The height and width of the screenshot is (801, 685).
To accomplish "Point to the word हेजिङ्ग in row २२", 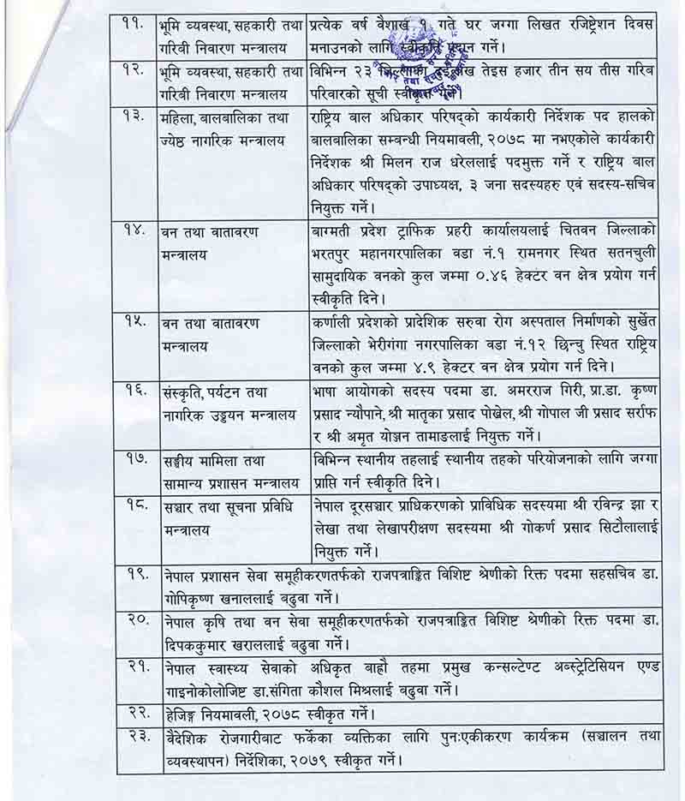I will tap(186, 712).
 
